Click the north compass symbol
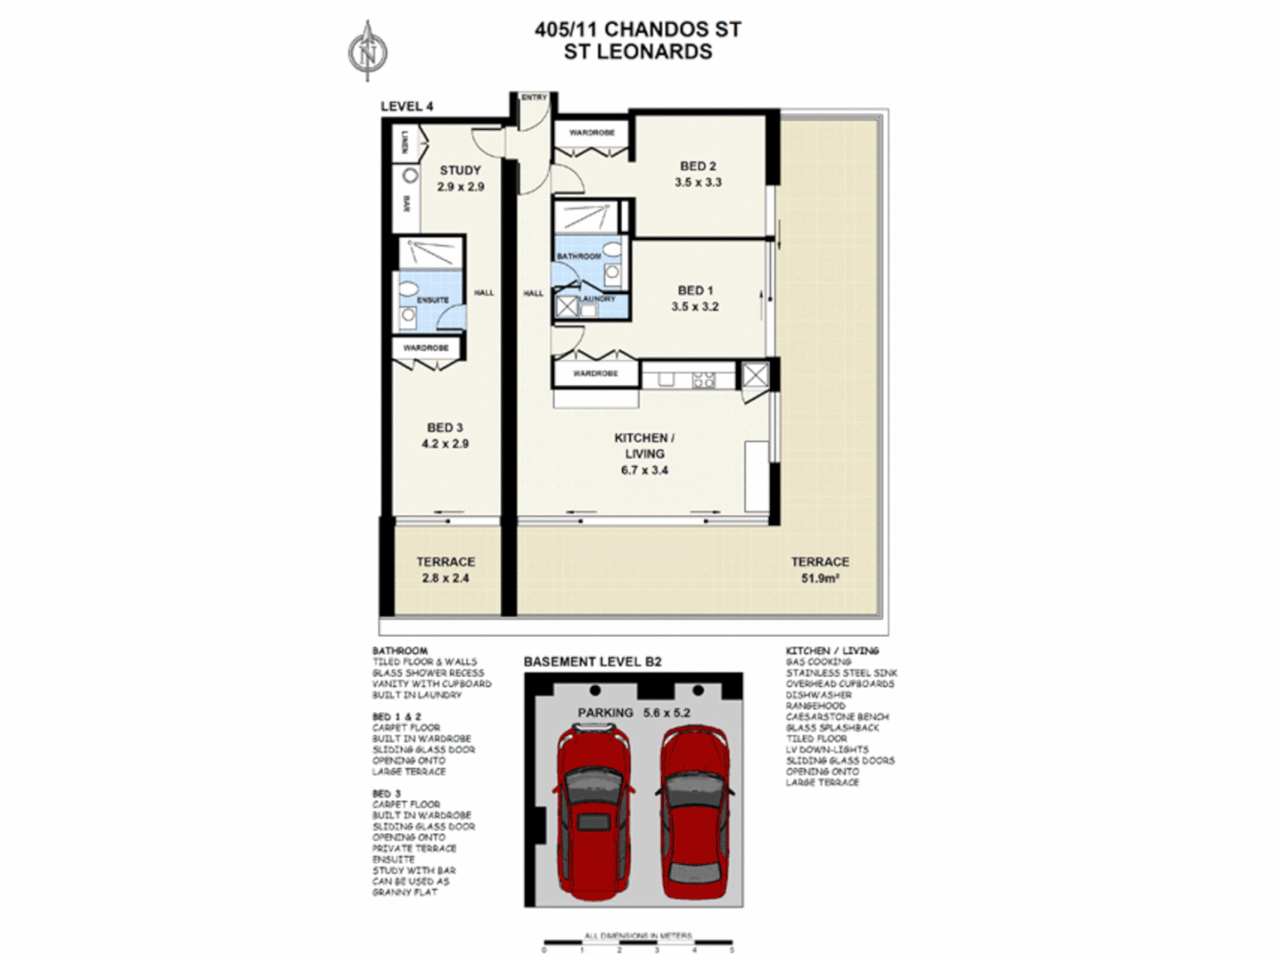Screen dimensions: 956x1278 [367, 51]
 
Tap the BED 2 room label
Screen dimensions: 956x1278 [697, 166]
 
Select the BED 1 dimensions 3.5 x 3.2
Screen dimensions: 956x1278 [695, 306]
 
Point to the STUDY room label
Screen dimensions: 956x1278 [460, 170]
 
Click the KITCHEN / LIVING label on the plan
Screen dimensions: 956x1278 [644, 445]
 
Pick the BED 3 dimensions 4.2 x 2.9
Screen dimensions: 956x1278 [444, 443]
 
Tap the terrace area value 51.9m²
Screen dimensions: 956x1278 [820, 578]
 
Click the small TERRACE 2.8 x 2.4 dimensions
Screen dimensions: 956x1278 [445, 578]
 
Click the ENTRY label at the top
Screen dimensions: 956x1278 [534, 97]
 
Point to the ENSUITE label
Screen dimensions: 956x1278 [432, 300]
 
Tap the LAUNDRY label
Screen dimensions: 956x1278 [597, 299]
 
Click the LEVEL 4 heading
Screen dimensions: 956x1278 [407, 106]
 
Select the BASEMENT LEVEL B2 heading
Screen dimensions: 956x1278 [592, 661]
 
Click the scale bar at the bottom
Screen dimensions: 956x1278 [637, 942]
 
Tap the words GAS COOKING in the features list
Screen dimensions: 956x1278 [818, 662]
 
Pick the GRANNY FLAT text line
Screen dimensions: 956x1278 [404, 892]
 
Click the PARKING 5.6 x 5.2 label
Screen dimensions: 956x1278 [634, 713]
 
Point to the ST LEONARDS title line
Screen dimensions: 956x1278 [638, 51]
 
